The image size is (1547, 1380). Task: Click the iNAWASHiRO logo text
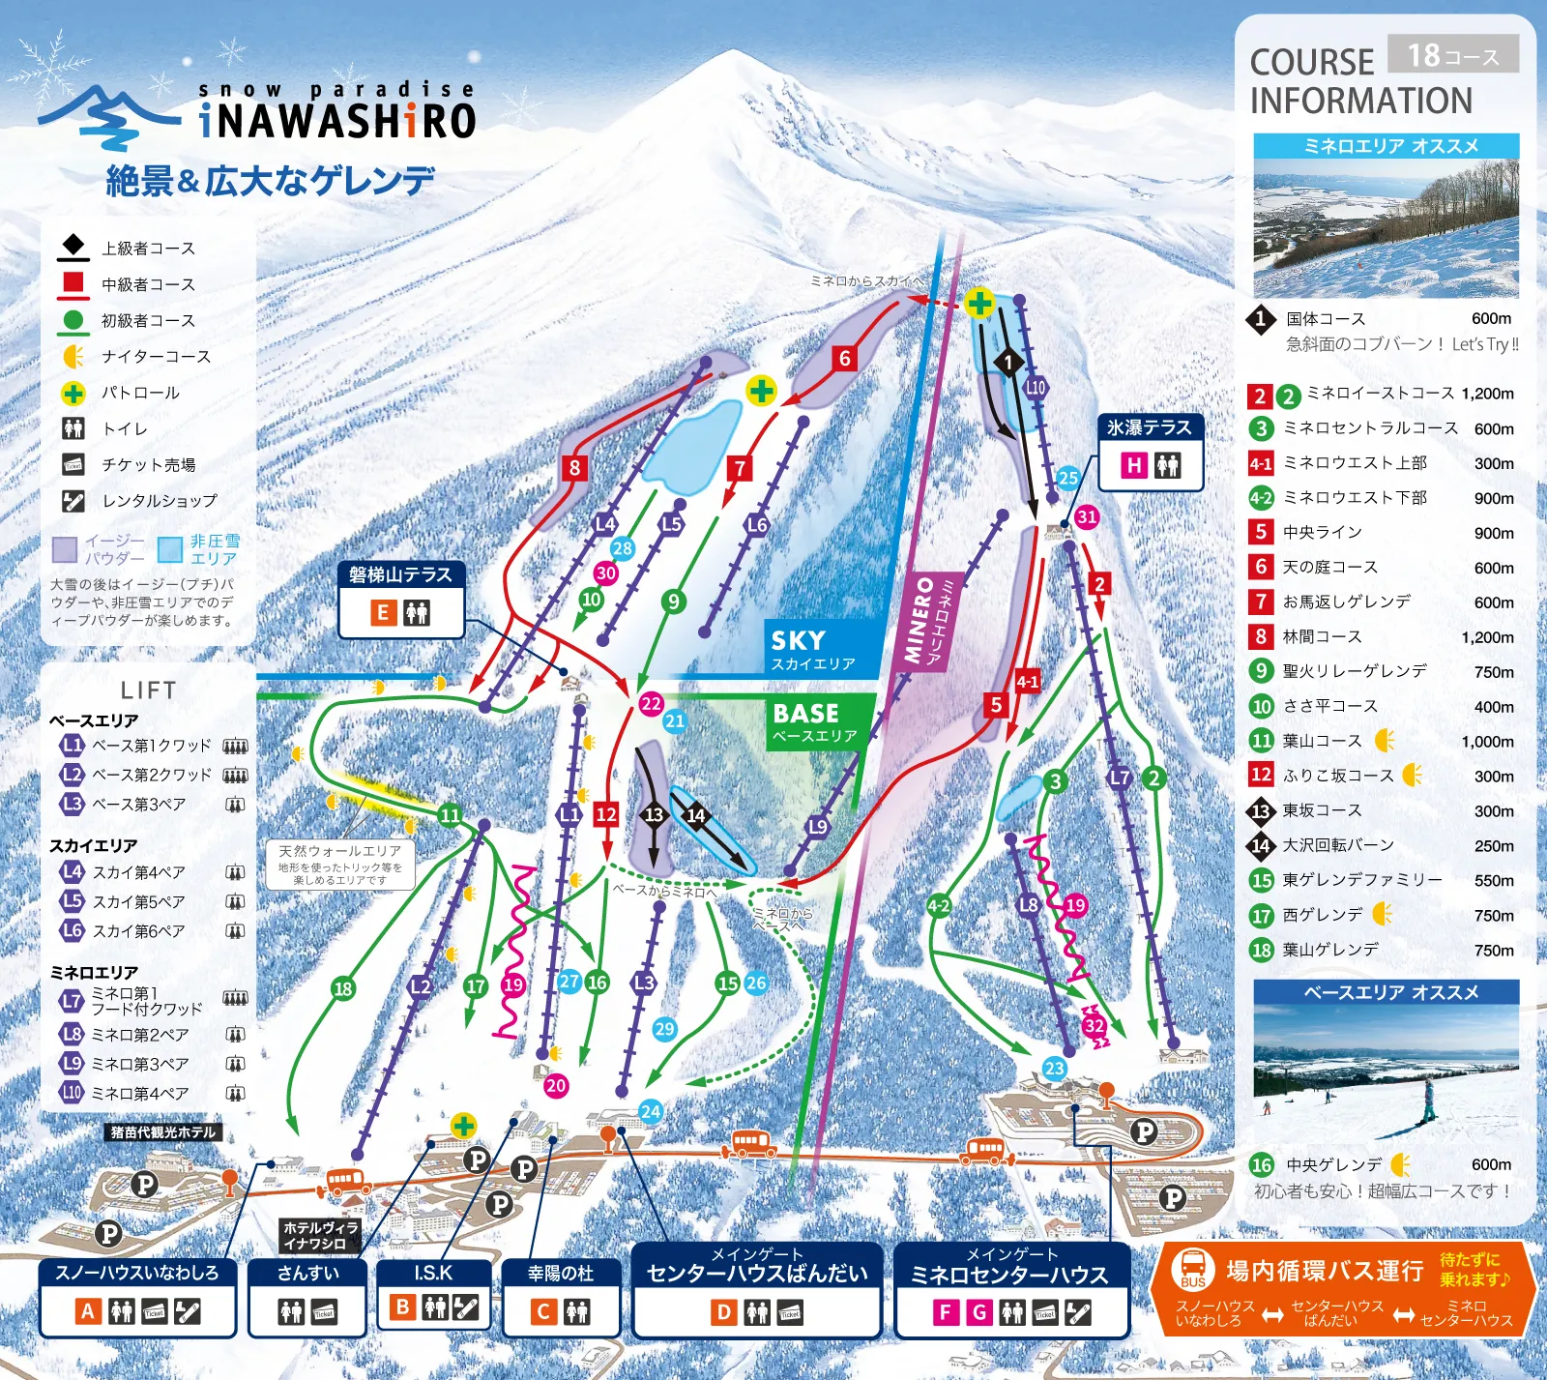point(336,121)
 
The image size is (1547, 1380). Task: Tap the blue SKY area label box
point(824,648)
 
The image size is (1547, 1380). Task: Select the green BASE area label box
point(820,721)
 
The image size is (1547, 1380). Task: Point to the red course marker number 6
point(844,359)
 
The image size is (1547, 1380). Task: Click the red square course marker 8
point(574,468)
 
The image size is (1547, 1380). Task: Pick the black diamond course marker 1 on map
point(1008,363)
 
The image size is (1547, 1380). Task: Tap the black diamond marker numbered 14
point(695,815)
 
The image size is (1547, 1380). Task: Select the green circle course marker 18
point(343,988)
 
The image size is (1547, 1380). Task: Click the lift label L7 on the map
point(1119,778)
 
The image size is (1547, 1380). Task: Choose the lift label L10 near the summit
point(1036,388)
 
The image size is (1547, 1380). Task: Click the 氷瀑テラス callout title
point(1149,427)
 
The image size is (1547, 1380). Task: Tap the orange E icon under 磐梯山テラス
point(383,612)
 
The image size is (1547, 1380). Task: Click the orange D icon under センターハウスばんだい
point(722,1312)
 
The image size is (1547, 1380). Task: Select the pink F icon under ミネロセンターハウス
point(945,1312)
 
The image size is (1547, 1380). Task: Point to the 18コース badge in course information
point(1452,55)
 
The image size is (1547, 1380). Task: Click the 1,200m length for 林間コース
point(1487,637)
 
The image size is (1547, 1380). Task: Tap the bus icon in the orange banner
point(1192,1269)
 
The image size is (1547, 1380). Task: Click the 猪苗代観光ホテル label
point(162,1131)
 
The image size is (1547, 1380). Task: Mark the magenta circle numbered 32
point(1094,1026)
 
